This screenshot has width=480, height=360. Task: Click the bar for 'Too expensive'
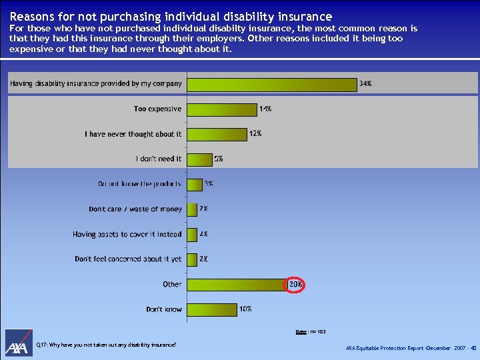pos(221,109)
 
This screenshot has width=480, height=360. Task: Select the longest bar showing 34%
pos(271,85)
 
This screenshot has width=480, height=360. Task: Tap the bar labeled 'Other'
pos(236,285)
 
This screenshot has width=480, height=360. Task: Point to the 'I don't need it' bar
pos(199,159)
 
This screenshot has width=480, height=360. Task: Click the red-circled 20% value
pos(296,284)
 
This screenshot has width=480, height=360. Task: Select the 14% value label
pos(265,109)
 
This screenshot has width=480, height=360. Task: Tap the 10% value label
pos(245,309)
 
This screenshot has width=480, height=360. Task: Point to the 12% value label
pos(255,133)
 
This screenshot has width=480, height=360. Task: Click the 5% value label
pos(219,159)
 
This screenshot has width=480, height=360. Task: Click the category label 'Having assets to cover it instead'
pos(127,234)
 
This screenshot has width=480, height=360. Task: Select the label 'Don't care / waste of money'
pos(135,209)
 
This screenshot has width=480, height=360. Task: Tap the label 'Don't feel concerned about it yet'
pos(128,259)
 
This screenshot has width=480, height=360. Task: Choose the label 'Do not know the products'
pos(139,184)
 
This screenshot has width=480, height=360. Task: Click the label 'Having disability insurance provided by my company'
pos(95,84)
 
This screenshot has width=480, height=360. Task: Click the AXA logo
pos(19,343)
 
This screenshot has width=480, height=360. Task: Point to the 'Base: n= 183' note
pos(311,331)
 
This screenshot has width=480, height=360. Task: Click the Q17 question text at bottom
pos(107,345)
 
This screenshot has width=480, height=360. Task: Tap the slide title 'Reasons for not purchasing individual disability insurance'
pos(171,16)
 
